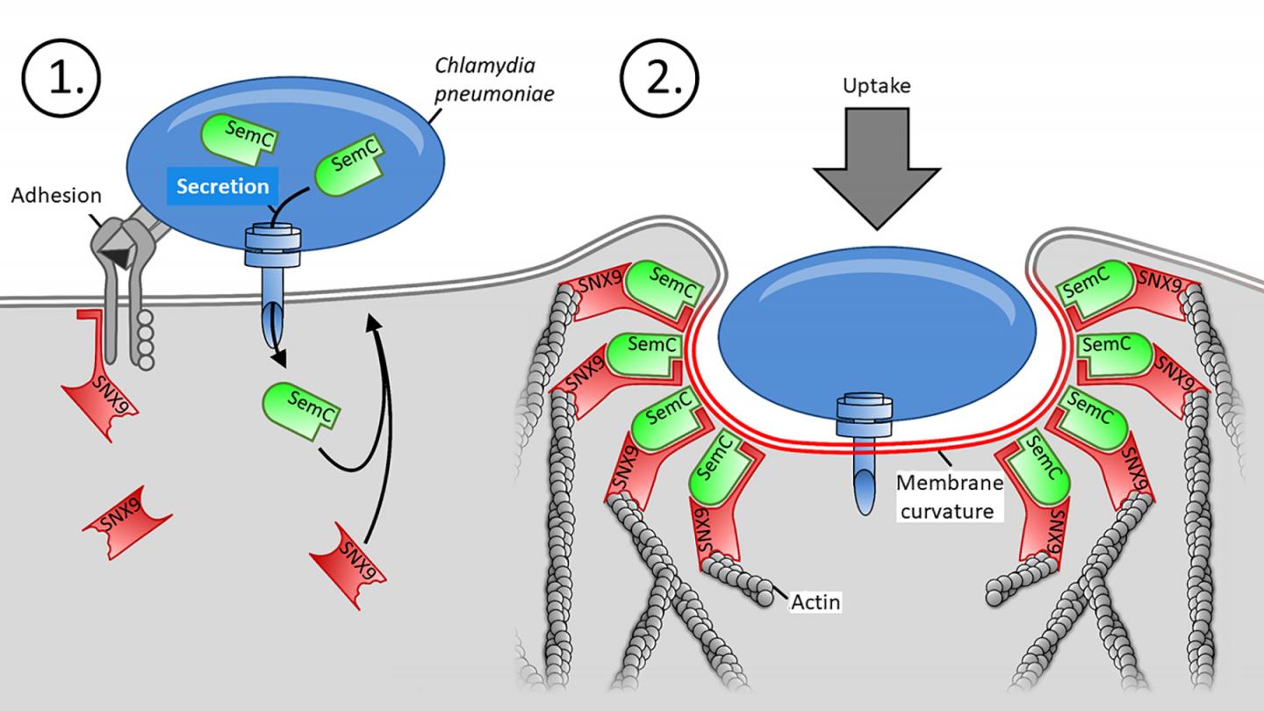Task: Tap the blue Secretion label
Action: click(x=222, y=187)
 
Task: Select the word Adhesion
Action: click(x=56, y=195)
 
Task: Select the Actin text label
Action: click(x=814, y=603)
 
